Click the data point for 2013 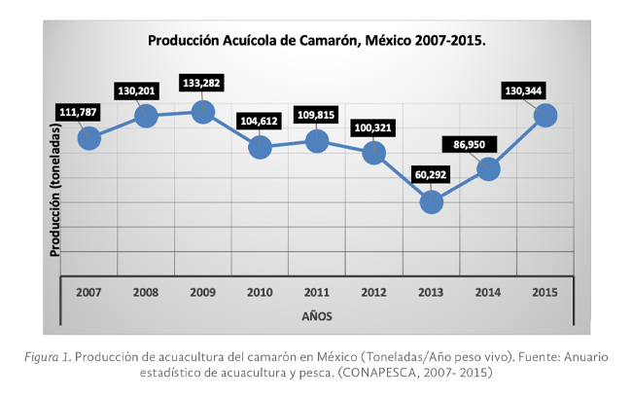(432, 202)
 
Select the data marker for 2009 (202, 112)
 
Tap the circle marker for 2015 (545, 115)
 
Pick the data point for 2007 (88, 138)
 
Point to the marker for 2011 (317, 141)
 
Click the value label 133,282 (202, 82)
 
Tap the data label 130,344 (523, 91)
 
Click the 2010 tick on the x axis (260, 291)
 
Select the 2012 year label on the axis (374, 291)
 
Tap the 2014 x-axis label (488, 291)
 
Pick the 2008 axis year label (146, 291)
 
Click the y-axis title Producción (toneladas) (55, 196)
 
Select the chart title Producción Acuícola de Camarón (316, 41)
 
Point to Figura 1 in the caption (47, 357)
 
